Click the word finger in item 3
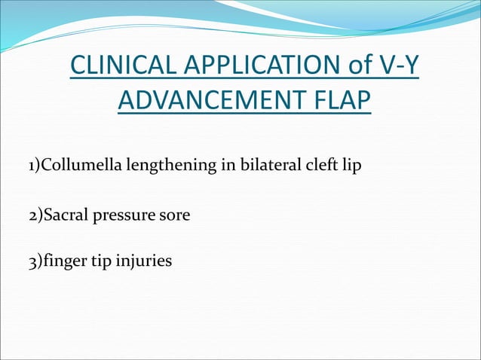click(x=61, y=262)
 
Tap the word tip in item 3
click(x=97, y=262)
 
